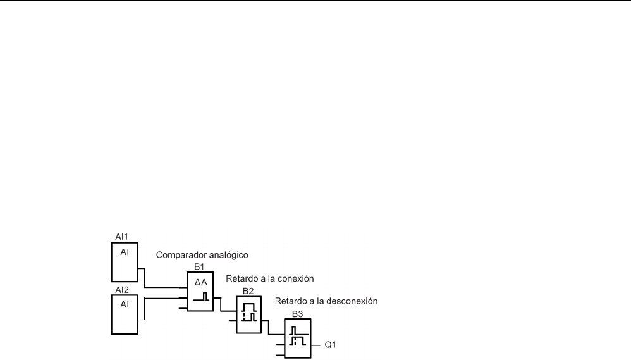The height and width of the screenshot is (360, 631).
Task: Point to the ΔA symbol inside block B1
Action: point(200,282)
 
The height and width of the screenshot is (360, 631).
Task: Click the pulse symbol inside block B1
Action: point(200,296)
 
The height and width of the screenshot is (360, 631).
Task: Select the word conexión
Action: point(295,278)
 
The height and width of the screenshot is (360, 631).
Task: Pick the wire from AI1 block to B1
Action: point(145,277)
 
